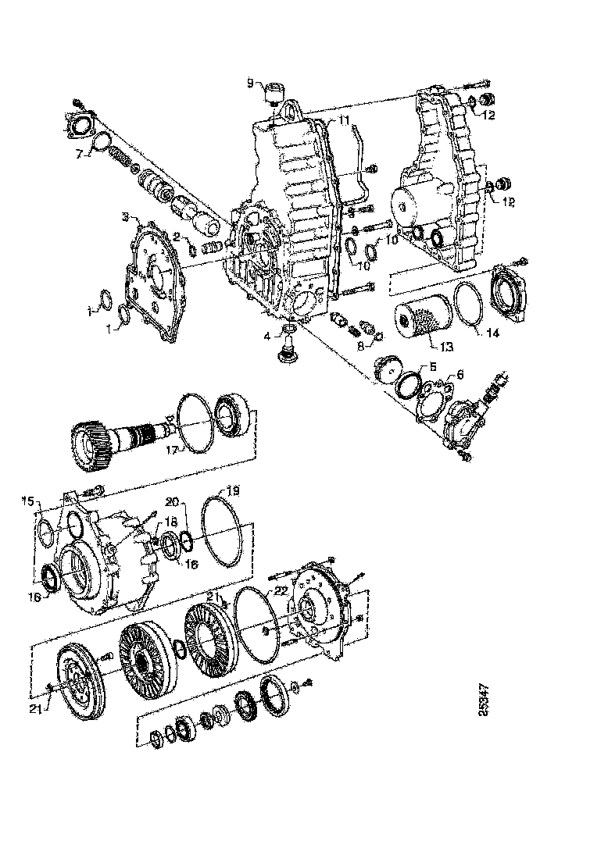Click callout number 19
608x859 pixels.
click(232, 490)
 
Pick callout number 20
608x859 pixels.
click(173, 501)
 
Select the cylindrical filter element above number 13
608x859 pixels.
click(420, 321)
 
